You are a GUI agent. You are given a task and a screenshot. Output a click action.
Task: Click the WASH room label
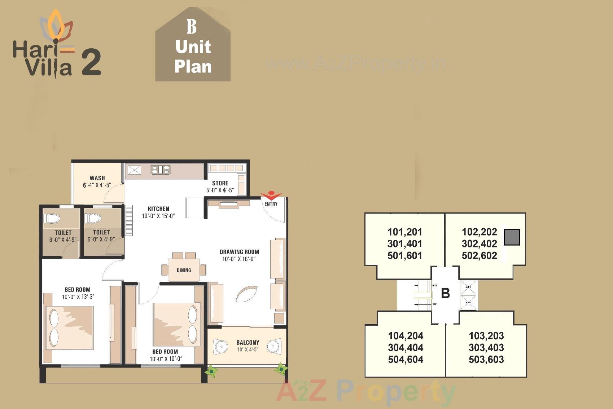[97, 178]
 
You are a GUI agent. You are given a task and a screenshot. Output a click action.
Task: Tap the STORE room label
[220, 183]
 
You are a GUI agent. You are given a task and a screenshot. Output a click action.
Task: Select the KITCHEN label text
[158, 209]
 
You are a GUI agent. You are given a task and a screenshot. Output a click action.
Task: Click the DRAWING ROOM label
[239, 252]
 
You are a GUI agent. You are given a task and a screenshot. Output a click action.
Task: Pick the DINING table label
[184, 270]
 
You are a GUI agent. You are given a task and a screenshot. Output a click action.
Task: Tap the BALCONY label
[248, 342]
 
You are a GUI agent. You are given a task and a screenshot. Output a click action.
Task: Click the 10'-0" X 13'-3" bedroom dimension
[78, 297]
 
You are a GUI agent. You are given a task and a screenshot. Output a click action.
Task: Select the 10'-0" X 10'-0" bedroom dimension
[166, 359]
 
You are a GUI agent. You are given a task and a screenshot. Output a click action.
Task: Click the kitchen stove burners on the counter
[160, 170]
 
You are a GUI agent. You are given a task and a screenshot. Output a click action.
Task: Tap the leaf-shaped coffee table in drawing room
[246, 294]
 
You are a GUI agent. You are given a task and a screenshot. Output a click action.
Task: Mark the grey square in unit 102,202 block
[512, 237]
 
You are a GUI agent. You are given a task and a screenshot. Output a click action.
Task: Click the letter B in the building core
[445, 293]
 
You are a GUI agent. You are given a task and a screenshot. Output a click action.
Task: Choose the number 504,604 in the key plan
[406, 360]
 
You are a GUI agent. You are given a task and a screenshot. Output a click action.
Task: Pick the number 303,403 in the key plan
[486, 348]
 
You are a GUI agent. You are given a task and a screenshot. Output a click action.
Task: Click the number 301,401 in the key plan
[404, 244]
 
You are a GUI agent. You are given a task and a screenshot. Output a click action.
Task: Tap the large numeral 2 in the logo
[91, 63]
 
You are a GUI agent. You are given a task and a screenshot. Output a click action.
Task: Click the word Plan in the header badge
[193, 67]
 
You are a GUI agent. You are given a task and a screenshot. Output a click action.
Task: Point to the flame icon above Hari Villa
[56, 25]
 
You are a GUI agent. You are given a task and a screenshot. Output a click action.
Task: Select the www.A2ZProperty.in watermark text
[355, 64]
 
